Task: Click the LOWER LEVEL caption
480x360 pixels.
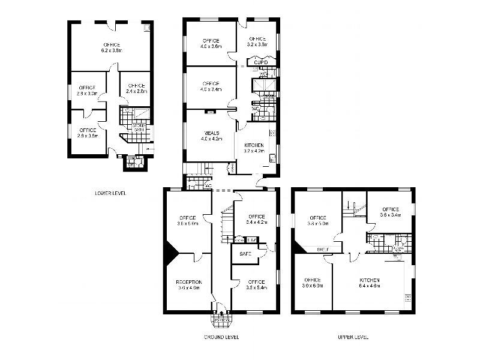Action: point(110,193)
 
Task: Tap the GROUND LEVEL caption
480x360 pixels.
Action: point(222,337)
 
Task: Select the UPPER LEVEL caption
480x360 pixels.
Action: point(353,337)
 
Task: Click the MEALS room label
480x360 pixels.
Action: point(211,136)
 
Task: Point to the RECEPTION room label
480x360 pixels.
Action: point(189,284)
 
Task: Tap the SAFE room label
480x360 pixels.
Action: point(245,254)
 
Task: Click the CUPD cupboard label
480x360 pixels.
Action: point(260,62)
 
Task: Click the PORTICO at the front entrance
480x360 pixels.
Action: point(221,320)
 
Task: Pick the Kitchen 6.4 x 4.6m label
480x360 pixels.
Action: point(370,283)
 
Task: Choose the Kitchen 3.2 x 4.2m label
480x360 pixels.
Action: point(254,148)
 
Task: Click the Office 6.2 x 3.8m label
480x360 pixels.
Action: point(112,48)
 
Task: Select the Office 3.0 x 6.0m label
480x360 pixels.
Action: point(313,283)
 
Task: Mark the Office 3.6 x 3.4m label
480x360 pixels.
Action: point(390,212)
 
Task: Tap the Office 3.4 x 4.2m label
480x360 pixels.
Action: point(256,219)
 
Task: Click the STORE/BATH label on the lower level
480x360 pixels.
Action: point(139,127)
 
